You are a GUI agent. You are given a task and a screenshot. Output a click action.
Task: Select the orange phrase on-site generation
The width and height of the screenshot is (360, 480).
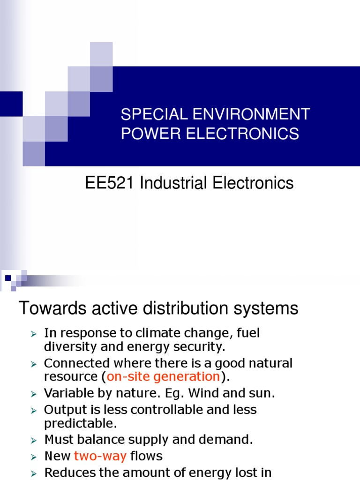[x=163, y=376]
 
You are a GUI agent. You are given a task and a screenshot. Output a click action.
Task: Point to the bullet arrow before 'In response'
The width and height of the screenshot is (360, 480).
[x=33, y=334]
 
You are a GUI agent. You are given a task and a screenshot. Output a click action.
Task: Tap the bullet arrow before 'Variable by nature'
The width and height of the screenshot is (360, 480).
[x=33, y=394]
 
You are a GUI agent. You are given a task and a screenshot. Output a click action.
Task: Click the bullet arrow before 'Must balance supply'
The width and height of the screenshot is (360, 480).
[x=33, y=440]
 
